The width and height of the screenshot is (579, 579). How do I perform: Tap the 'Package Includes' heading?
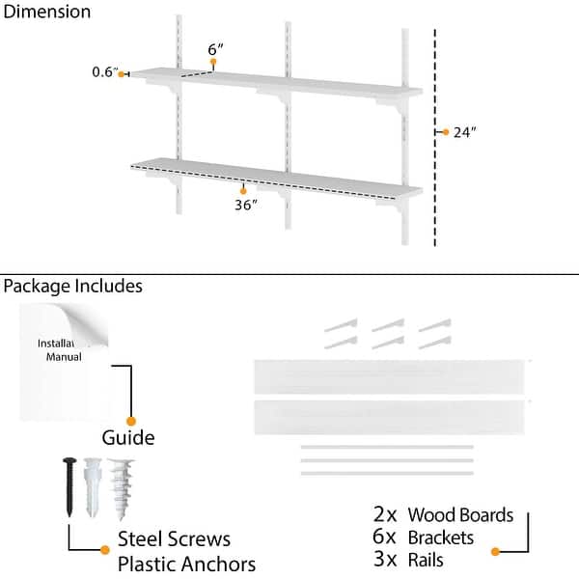pos(72,286)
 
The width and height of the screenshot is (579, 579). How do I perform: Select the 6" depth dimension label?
pos(215,48)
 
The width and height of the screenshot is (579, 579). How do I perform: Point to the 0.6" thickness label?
pos(104,72)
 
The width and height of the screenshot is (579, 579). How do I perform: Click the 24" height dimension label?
pos(465,133)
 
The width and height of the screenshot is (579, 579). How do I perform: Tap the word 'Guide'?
pos(128,437)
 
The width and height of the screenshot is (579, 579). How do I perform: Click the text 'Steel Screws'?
pos(175,539)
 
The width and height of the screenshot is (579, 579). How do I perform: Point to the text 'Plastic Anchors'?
pos(186,564)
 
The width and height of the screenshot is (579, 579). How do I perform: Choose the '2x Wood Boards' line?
pos(443,514)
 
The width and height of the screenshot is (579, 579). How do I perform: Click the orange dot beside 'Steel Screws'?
pos(105,550)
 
